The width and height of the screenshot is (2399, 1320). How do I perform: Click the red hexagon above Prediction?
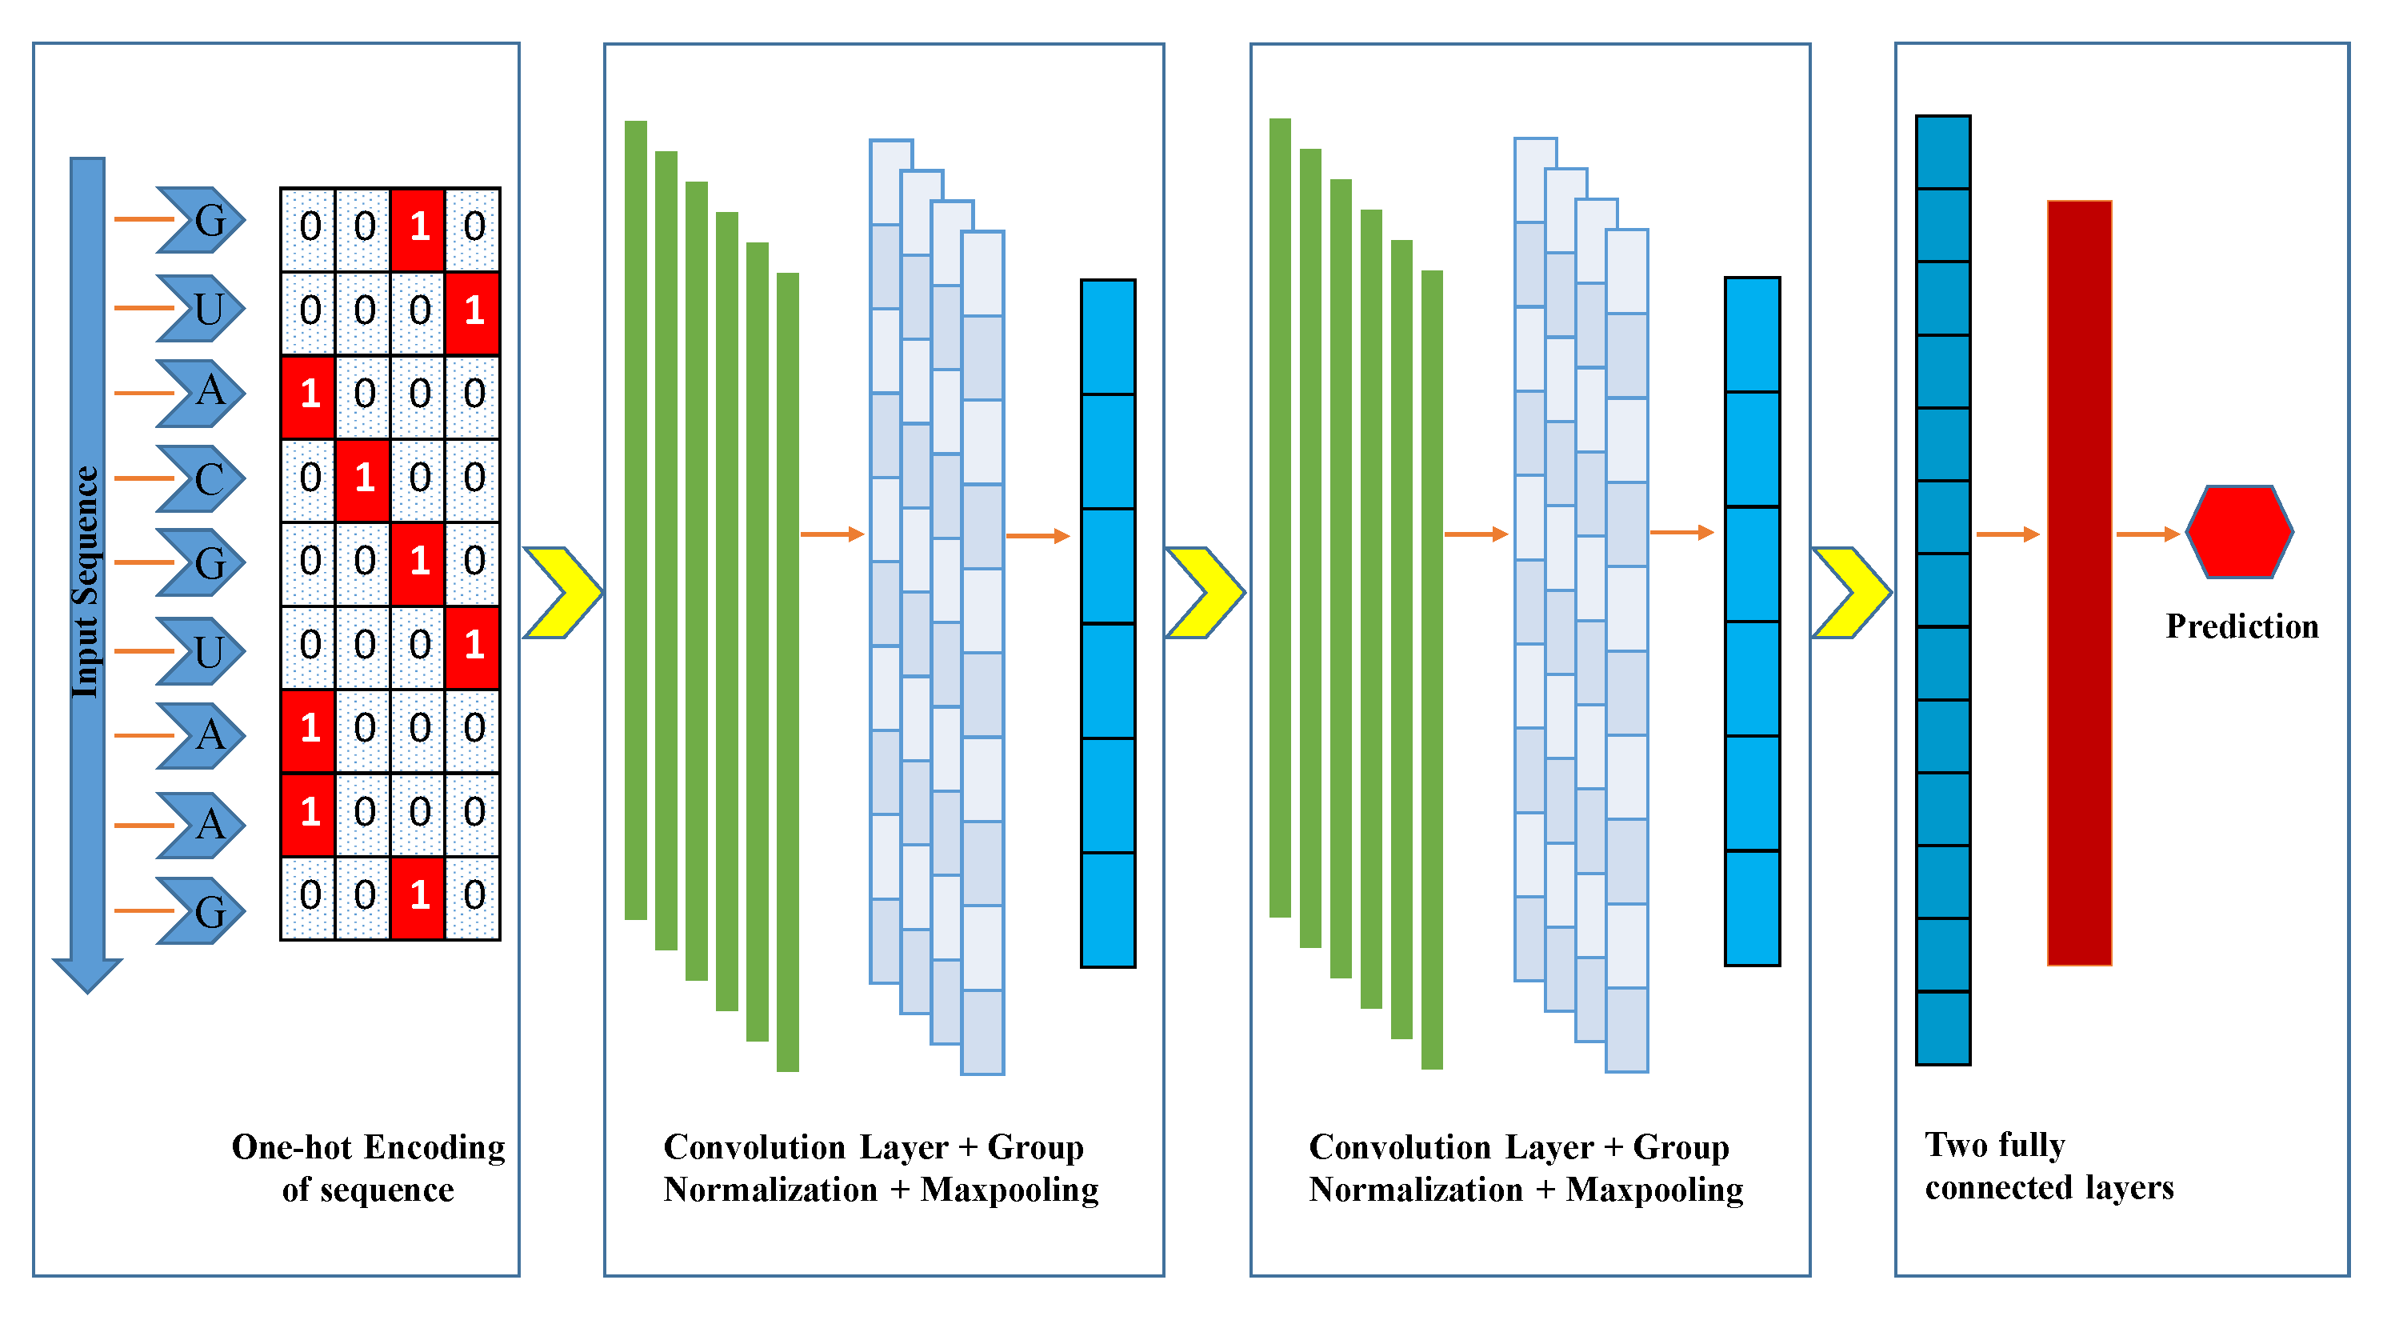pos(2239,532)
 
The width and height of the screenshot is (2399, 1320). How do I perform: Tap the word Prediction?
pos(2241,626)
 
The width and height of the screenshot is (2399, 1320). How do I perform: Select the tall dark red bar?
pos(2079,582)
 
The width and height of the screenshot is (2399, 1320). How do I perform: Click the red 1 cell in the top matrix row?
pos(418,227)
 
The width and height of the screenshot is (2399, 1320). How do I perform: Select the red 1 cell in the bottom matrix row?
pos(418,896)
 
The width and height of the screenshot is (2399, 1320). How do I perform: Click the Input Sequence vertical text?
pos(86,582)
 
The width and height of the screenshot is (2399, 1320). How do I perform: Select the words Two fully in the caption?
pos(1995,1145)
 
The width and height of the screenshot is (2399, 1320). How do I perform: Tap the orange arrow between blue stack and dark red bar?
pos(2007,534)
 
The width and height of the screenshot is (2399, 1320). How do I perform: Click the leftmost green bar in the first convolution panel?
pos(636,520)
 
